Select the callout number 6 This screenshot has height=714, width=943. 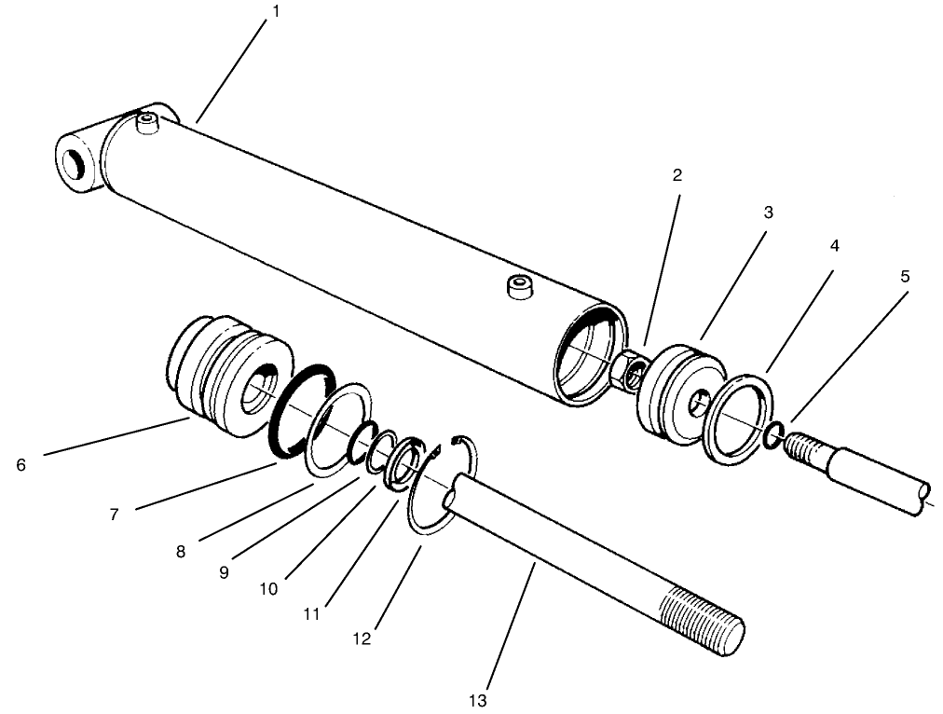coord(21,463)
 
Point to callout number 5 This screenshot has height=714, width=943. coord(904,277)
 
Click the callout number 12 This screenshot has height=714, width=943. coord(362,638)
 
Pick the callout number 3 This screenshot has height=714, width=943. coord(768,213)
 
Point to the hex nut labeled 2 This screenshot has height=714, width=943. coord(631,370)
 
